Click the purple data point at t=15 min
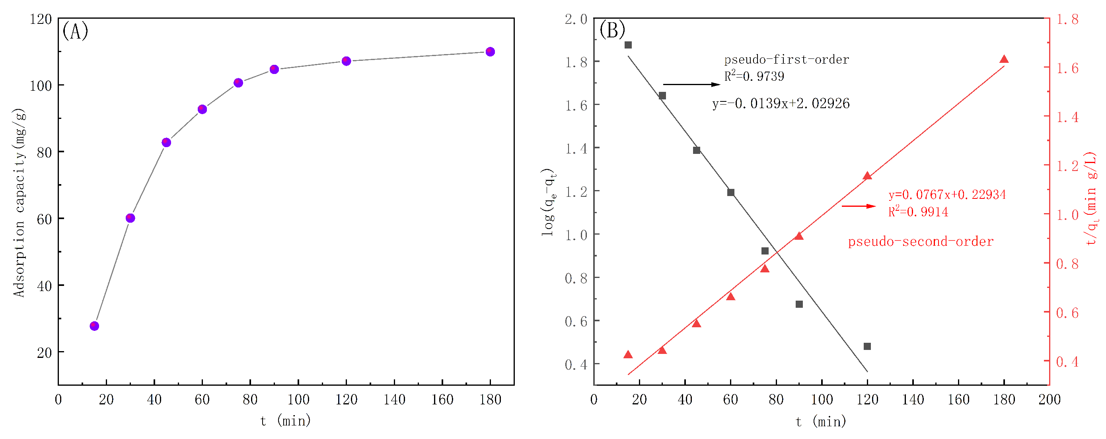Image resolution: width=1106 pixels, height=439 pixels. [94, 326]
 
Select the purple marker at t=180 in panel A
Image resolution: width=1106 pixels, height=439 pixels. [490, 52]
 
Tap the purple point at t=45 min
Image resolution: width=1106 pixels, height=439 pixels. [166, 142]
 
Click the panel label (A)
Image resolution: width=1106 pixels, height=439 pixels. [75, 31]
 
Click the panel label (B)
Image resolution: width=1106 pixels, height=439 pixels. [612, 30]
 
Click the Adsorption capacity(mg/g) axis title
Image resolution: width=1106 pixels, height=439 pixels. [19, 202]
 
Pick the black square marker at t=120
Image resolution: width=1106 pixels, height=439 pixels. [867, 346]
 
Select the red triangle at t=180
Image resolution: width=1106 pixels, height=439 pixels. [1004, 60]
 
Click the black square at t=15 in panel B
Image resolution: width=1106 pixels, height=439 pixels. [628, 45]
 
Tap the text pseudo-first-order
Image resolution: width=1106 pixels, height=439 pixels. [787, 60]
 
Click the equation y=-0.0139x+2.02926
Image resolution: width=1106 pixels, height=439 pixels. [781, 103]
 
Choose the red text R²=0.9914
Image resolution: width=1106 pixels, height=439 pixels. [918, 212]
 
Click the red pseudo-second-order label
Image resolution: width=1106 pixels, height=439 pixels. [921, 242]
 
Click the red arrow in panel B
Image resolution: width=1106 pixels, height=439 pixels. [858, 206]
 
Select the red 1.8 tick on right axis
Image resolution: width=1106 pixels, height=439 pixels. [1067, 19]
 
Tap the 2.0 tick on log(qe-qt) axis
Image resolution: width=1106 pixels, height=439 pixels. [576, 19]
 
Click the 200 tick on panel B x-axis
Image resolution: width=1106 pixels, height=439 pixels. [1050, 400]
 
